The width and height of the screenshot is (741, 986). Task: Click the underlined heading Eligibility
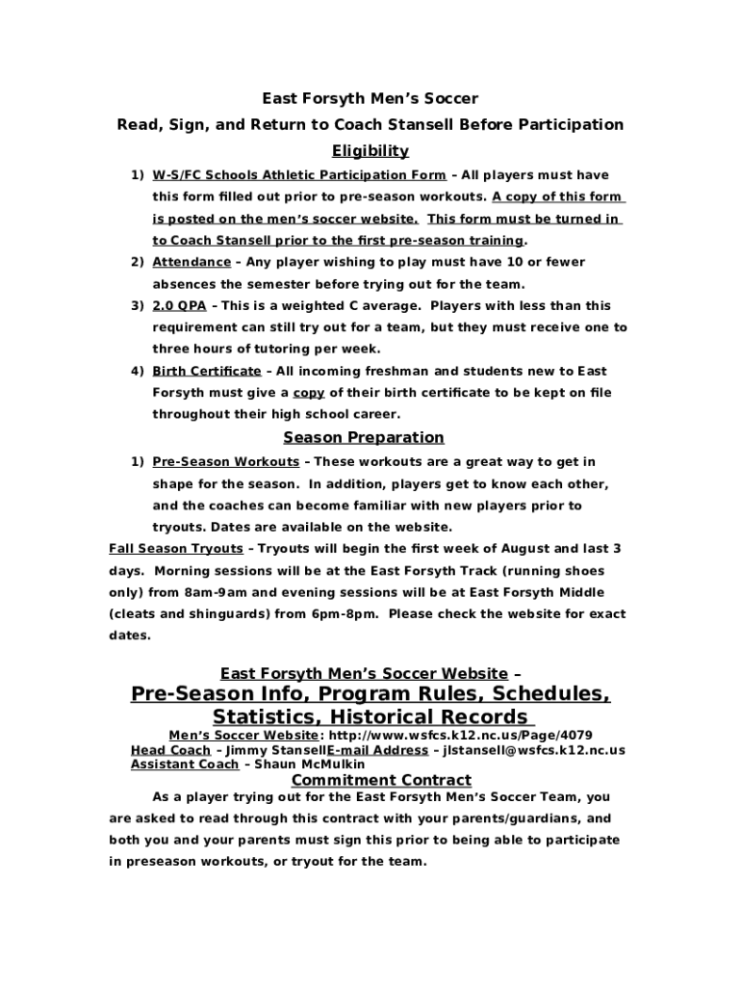[370, 150]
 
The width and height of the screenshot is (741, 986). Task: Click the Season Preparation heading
[364, 437]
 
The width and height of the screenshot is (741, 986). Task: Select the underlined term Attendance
[192, 262]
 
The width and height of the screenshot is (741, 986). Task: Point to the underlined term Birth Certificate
[206, 371]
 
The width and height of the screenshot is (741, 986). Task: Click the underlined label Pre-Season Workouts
[225, 462]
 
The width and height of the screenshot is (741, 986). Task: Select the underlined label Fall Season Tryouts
[176, 549]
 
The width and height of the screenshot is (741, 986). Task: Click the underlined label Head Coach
[170, 750]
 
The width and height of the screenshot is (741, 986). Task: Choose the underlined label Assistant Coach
[184, 765]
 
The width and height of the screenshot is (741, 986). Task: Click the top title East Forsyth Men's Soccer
[370, 99]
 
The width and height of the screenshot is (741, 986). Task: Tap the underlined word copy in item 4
[309, 393]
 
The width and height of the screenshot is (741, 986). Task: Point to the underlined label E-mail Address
[377, 750]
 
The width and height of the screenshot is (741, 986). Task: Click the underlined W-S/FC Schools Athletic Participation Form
[298, 175]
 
